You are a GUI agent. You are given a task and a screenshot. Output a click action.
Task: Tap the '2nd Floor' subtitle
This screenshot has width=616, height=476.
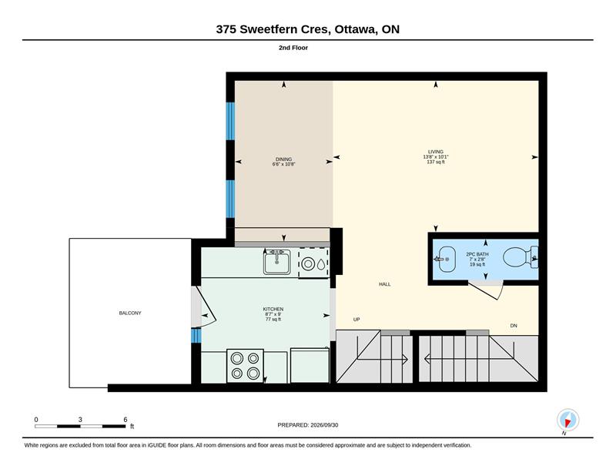(x=293, y=48)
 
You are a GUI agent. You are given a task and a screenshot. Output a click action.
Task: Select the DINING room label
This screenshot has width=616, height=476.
(x=283, y=159)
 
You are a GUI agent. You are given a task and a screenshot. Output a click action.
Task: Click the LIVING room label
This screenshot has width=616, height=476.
(x=436, y=152)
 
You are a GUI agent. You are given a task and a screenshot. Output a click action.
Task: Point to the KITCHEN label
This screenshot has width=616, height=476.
(x=273, y=310)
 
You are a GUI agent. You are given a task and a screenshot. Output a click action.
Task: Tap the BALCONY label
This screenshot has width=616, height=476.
(x=130, y=313)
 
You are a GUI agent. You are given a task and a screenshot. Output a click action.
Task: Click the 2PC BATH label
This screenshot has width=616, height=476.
(x=477, y=254)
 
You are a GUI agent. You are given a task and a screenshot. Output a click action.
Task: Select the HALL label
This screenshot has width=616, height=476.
(x=384, y=284)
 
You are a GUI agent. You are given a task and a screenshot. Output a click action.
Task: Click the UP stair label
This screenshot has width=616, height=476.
(x=357, y=320)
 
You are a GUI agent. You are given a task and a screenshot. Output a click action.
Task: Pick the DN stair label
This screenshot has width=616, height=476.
(x=514, y=326)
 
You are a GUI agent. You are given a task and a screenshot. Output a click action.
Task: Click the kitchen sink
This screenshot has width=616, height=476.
(x=277, y=262)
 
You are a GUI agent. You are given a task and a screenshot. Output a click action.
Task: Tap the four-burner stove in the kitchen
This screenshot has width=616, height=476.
(x=245, y=366)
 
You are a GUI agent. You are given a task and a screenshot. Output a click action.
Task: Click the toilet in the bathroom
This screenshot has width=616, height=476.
(x=520, y=257)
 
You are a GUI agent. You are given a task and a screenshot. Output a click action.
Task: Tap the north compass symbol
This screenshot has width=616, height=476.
(x=567, y=421)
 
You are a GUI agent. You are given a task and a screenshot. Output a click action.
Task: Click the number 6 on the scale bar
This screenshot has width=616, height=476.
(x=126, y=420)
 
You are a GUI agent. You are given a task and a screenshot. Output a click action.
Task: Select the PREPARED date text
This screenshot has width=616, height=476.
(x=307, y=425)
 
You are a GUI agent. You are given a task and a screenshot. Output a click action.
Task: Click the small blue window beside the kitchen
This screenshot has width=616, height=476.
(x=196, y=336)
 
